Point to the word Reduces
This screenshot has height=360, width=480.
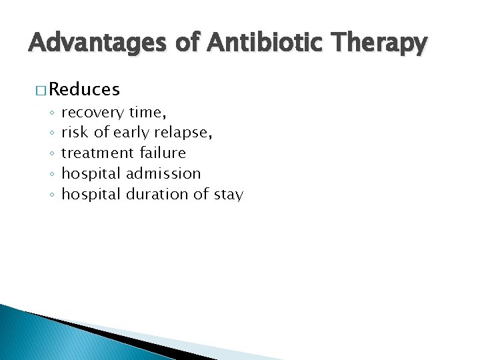pyautogui.click(x=84, y=89)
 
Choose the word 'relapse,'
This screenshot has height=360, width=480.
pyautogui.click(x=184, y=133)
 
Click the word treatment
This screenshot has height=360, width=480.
pyautogui.click(x=98, y=153)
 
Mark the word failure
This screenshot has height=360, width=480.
pyautogui.click(x=163, y=153)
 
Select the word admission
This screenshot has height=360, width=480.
pyautogui.click(x=163, y=173)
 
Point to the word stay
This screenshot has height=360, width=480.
pyautogui.click(x=228, y=194)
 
